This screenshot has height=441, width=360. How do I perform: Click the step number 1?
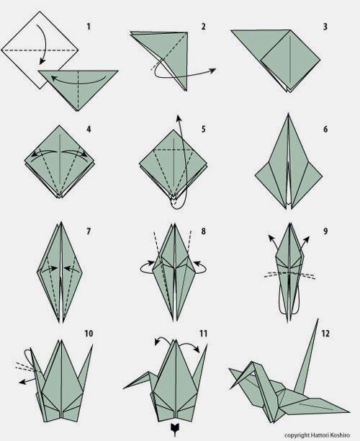tap(89, 27)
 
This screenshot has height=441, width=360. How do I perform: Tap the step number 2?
tap(203, 27)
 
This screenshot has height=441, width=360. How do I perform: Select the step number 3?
tap(325, 27)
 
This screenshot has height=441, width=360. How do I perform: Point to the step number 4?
tap(89, 129)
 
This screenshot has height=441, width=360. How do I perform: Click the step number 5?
tap(203, 129)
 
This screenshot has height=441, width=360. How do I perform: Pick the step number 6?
tap(325, 129)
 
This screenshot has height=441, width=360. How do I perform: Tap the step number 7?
tap(89, 231)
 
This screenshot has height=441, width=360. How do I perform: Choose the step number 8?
tap(203, 231)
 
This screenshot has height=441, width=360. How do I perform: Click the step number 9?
tap(325, 231)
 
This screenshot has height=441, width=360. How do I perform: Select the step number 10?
tap(89, 334)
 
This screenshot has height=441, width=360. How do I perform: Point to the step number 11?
tap(203, 334)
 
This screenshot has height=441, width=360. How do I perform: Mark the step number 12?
tap(325, 334)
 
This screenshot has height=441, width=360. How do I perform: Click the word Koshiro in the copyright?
tap(341, 435)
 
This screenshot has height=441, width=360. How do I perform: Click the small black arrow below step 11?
tap(174, 427)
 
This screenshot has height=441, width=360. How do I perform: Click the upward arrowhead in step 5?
tap(179, 118)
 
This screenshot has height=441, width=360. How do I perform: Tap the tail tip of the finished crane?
tap(318, 319)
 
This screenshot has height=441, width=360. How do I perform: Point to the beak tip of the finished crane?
tap(230, 388)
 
